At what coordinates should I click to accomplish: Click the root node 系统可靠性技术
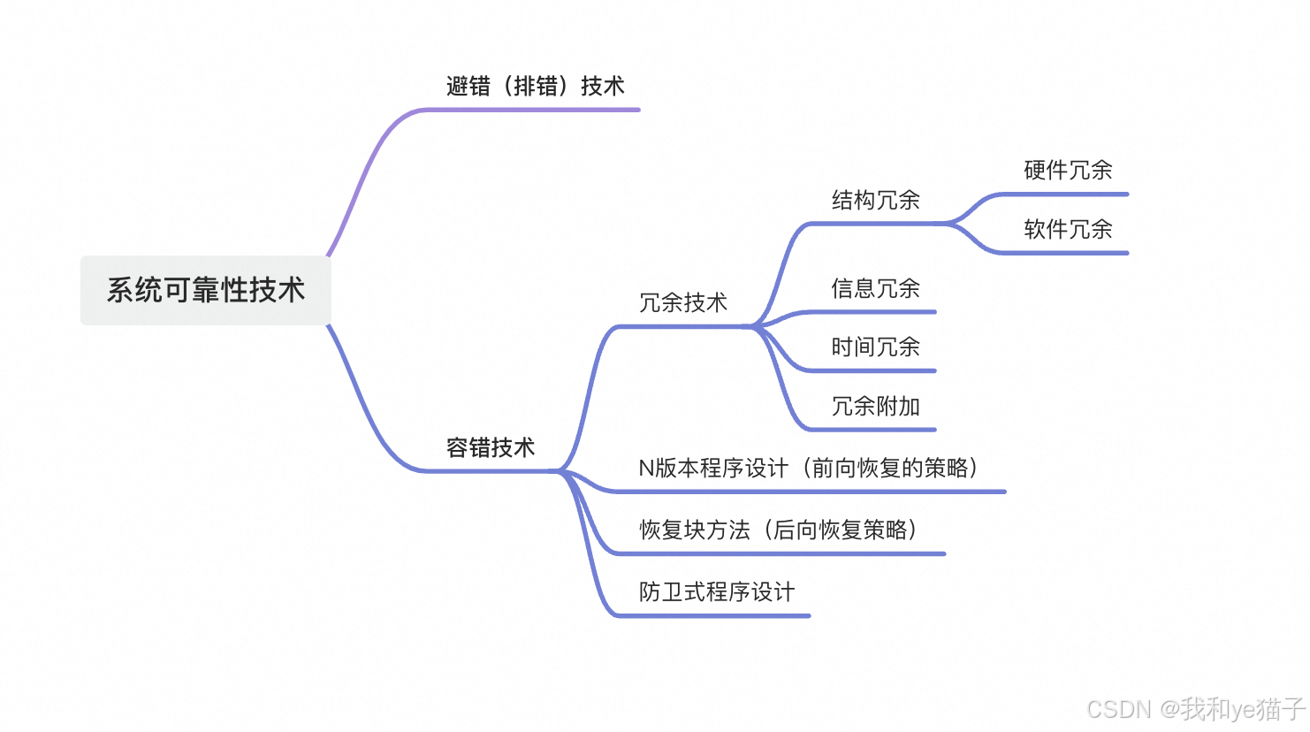[206, 290]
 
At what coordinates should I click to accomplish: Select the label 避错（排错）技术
[535, 86]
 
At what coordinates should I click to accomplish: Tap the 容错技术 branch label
[491, 447]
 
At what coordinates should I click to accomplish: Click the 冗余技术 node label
[682, 302]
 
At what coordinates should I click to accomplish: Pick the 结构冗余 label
[875, 200]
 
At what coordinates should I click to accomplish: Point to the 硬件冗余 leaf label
[1068, 170]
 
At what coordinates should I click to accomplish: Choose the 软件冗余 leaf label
[1068, 229]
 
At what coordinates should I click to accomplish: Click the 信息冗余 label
[875, 288]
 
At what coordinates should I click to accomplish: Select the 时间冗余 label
[875, 347]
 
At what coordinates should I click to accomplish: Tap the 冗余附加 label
[875, 406]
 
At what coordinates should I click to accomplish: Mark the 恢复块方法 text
[695, 530]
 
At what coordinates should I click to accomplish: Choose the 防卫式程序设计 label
[717, 591]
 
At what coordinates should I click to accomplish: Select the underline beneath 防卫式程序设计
[716, 615]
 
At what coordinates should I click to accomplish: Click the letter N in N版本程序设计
[646, 468]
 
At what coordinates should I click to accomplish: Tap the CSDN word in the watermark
[1119, 709]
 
